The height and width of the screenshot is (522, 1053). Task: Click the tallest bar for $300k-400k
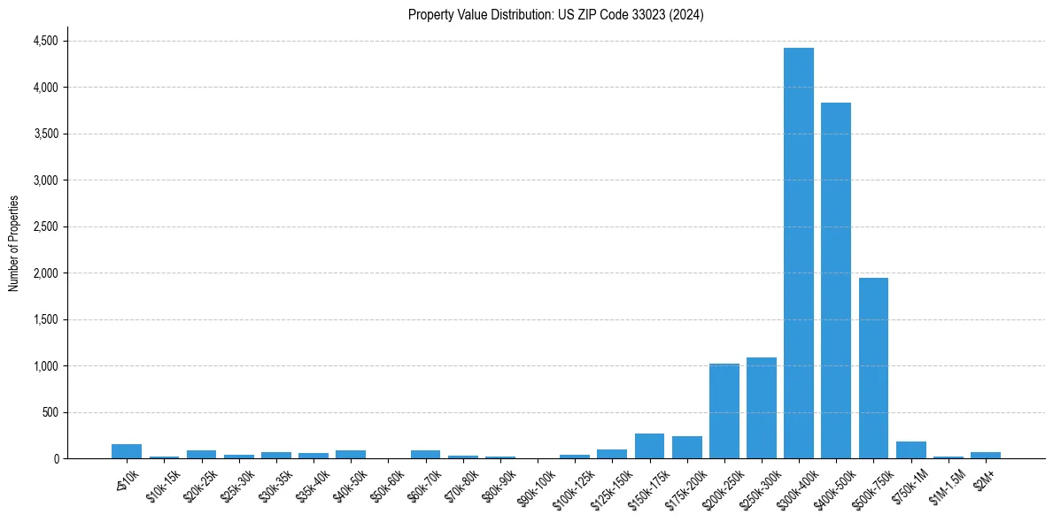pyautogui.click(x=799, y=253)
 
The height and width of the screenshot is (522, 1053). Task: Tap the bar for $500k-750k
pyautogui.click(x=873, y=368)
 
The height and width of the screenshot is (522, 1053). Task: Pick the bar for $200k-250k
pyautogui.click(x=724, y=411)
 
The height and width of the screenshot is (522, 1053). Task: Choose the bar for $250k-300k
pyautogui.click(x=762, y=408)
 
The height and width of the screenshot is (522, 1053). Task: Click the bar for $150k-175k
pyautogui.click(x=649, y=446)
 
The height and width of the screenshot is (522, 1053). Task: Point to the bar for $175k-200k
pyautogui.click(x=686, y=447)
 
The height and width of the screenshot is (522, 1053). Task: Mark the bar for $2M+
pyautogui.click(x=985, y=455)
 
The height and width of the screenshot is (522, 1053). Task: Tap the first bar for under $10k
pyautogui.click(x=127, y=451)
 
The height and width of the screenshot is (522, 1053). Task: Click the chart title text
pyautogui.click(x=556, y=14)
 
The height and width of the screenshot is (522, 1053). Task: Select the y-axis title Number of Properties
pyautogui.click(x=13, y=243)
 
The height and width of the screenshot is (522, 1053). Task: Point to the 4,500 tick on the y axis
pyautogui.click(x=45, y=41)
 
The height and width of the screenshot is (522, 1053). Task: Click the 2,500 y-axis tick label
pyautogui.click(x=45, y=226)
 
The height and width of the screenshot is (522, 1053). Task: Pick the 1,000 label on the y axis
pyautogui.click(x=45, y=366)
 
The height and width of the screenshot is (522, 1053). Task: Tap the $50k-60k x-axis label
pyautogui.click(x=388, y=481)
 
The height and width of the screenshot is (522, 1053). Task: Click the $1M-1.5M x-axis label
pyautogui.click(x=948, y=481)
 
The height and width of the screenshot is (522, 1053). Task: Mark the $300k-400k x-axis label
pyautogui.click(x=798, y=483)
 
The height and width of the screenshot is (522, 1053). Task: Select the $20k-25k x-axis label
pyautogui.click(x=200, y=481)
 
